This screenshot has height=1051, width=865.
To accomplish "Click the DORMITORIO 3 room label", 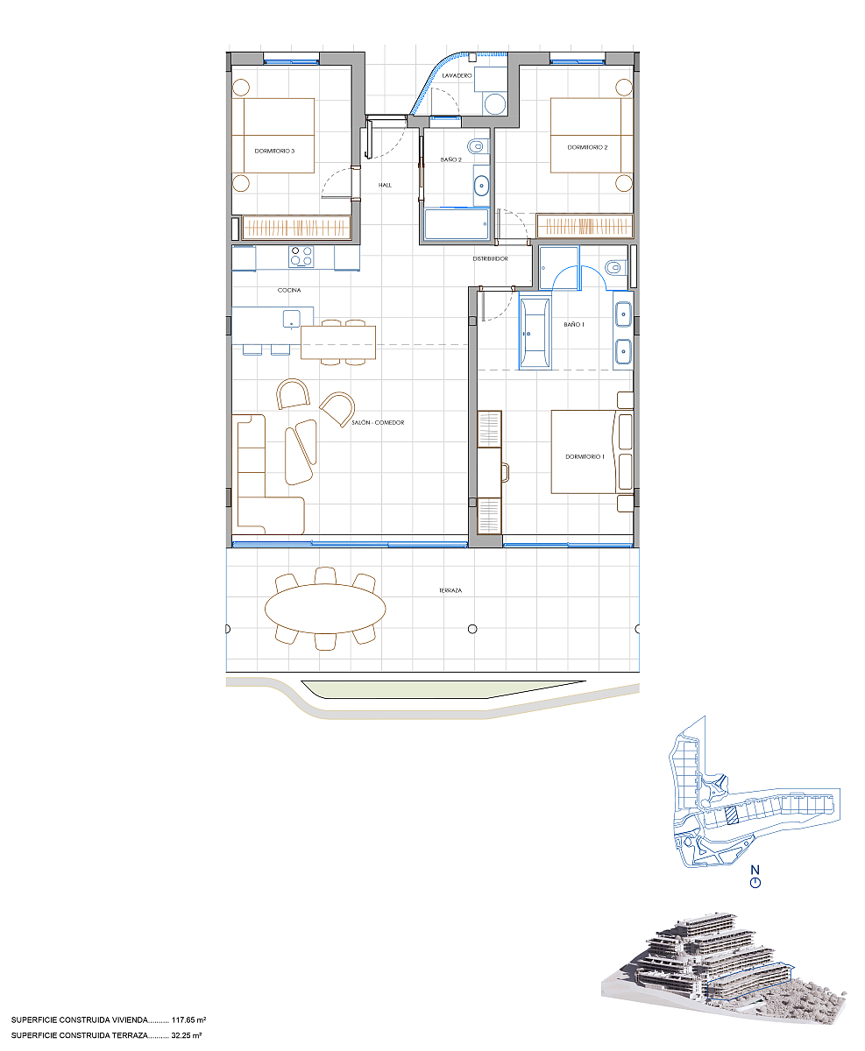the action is (274, 151).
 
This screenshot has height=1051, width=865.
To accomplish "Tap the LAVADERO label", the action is (457, 75).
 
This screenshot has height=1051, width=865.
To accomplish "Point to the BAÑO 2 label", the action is (450, 159).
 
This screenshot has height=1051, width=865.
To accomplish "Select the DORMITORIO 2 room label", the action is (587, 147).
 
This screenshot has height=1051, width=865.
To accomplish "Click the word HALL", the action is (385, 185).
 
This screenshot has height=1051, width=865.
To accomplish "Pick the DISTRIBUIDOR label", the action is (491, 258).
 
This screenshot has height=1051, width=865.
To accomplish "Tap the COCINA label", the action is (289, 290).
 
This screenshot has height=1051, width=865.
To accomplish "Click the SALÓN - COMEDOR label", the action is (378, 423).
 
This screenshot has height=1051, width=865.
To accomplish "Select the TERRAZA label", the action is (450, 590).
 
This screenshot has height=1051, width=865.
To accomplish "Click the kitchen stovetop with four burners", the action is (301, 257).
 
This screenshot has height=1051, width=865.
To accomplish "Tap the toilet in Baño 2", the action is (477, 146).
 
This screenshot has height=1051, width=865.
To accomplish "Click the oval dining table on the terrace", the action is (325, 609).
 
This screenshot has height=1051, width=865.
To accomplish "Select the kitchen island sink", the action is (291, 319).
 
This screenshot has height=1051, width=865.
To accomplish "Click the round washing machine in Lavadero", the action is (494, 103).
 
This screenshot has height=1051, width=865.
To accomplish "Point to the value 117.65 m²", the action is (188, 1020).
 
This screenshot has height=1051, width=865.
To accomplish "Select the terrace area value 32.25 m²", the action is (187, 1035).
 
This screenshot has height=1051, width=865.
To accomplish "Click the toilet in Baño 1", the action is (614, 268).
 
